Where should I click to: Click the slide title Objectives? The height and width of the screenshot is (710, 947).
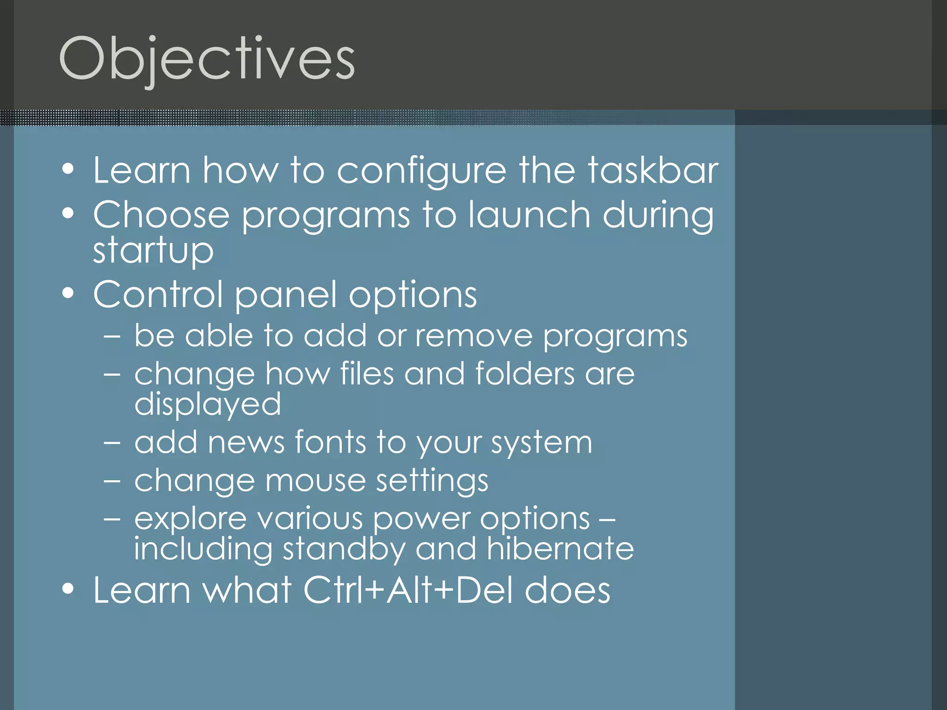click(207, 59)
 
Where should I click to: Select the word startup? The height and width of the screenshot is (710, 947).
click(153, 251)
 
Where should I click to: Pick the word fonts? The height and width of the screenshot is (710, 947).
click(331, 442)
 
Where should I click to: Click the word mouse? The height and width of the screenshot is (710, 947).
click(315, 481)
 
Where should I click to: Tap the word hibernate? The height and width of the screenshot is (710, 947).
click(560, 549)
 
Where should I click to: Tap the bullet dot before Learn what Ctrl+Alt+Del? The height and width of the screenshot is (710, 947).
click(68, 589)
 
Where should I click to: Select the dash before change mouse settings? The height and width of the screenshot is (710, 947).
click(112, 481)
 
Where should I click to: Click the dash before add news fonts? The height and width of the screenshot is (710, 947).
click(112, 443)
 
